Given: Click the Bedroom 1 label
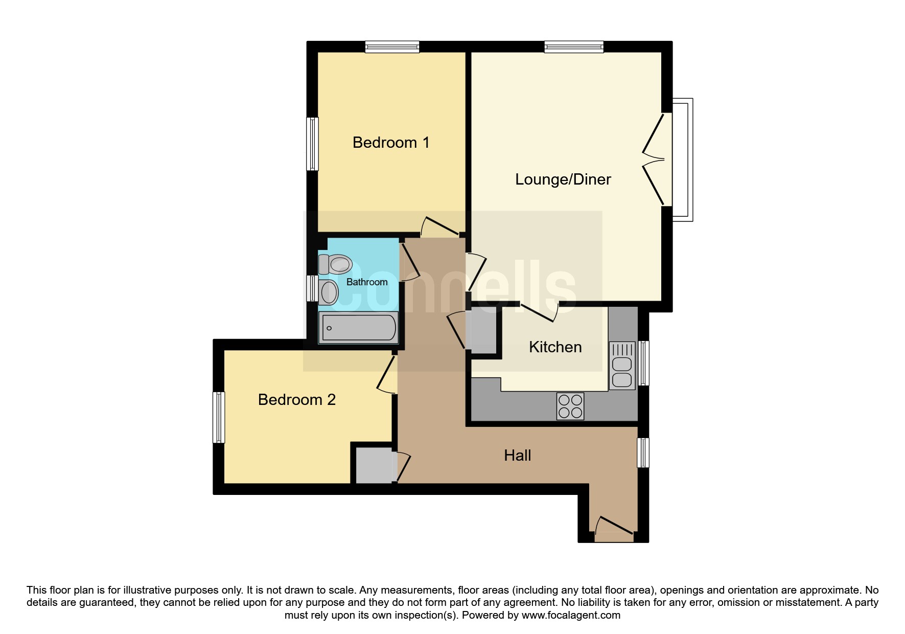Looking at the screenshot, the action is pos(391,143).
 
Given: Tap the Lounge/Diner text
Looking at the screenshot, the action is pos(563,179).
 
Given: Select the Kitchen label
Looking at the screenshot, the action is pos(555,347).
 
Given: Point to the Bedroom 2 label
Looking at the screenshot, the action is pos(297,399).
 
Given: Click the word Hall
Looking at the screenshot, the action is pos(518,456).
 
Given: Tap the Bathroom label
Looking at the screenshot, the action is pos(367,282).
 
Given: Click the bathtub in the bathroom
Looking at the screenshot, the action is pos(358,328).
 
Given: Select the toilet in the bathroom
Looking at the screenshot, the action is pos(335,265).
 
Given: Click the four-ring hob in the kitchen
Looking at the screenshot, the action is pos(570,406).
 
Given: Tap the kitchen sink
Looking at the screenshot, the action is pos(622,365).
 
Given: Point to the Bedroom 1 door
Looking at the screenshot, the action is pos(440,227).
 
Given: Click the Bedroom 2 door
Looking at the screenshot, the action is pos(387,374).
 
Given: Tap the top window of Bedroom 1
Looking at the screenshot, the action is pos(392,47).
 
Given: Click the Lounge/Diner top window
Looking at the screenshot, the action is pos(574,47).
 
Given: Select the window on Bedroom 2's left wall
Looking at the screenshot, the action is pos(219,417).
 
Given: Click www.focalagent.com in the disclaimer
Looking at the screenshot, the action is pos(571,615).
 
